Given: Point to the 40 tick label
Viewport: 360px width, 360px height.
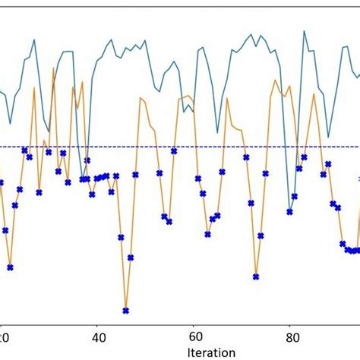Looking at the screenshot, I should [98, 336].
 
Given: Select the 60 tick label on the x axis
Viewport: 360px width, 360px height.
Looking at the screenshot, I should [194, 336].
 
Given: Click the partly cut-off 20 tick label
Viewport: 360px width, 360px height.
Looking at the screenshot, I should [4, 336].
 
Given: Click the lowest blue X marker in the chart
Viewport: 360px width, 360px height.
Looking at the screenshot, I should [126, 310].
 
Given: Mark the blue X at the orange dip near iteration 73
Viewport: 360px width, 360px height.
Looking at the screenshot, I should [256, 276].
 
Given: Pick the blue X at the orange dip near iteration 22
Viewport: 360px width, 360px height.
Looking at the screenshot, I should [10, 267].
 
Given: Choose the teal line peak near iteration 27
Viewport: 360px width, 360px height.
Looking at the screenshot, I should [34, 39].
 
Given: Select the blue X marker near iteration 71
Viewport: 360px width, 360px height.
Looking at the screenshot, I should [246, 157].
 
